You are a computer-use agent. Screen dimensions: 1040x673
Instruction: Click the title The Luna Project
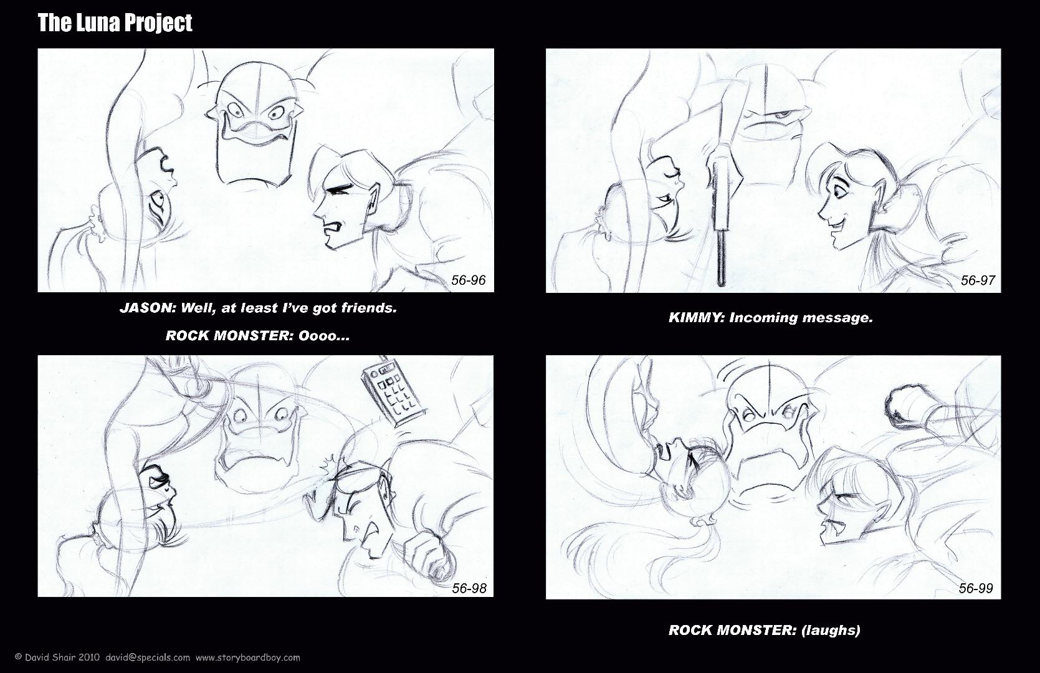point(115,23)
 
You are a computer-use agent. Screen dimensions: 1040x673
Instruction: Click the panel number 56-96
point(468,280)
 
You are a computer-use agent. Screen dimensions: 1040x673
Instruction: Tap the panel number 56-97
point(978,280)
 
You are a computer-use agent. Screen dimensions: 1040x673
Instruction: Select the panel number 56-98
point(469,588)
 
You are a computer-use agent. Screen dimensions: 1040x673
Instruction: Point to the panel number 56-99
point(976,588)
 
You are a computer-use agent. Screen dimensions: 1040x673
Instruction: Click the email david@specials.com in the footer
point(148,657)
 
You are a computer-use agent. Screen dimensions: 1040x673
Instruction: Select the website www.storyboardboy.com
point(248,657)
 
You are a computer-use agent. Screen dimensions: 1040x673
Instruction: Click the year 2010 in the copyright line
point(89,657)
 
